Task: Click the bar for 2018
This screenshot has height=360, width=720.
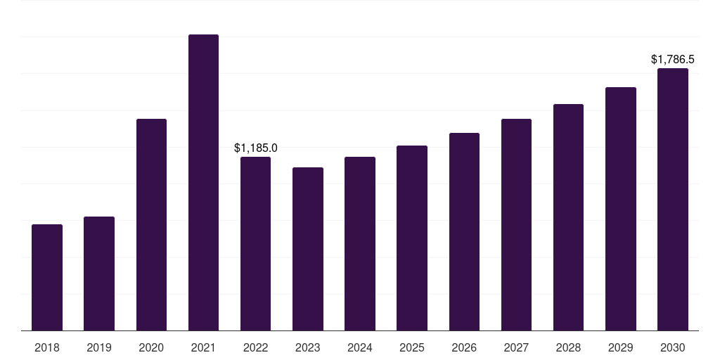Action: point(47,278)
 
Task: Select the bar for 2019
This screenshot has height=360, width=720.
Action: point(99,274)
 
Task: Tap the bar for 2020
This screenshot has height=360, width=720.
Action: point(151,225)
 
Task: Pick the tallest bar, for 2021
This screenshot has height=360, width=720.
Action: point(203,183)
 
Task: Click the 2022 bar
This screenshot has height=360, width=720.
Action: point(255,244)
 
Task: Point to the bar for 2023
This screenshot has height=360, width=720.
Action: point(308,249)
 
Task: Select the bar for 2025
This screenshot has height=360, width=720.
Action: point(412,238)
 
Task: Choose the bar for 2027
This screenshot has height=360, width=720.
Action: point(516,225)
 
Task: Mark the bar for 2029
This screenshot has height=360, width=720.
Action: point(620,209)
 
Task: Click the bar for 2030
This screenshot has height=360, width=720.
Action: point(672,200)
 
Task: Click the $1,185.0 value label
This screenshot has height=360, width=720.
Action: point(255,148)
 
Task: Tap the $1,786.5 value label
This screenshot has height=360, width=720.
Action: point(672,60)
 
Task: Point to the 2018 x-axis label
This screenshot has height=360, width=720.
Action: point(47,347)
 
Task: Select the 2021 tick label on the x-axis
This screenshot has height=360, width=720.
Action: point(203,347)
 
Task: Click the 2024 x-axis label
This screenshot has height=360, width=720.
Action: point(360,347)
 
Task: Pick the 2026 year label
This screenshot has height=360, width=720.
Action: point(464,347)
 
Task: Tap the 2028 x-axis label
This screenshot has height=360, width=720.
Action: point(568,347)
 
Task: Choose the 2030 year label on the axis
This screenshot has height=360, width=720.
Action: point(672,347)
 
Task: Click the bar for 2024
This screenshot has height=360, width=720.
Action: point(360,244)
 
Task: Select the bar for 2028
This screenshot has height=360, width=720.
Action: point(568,217)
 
